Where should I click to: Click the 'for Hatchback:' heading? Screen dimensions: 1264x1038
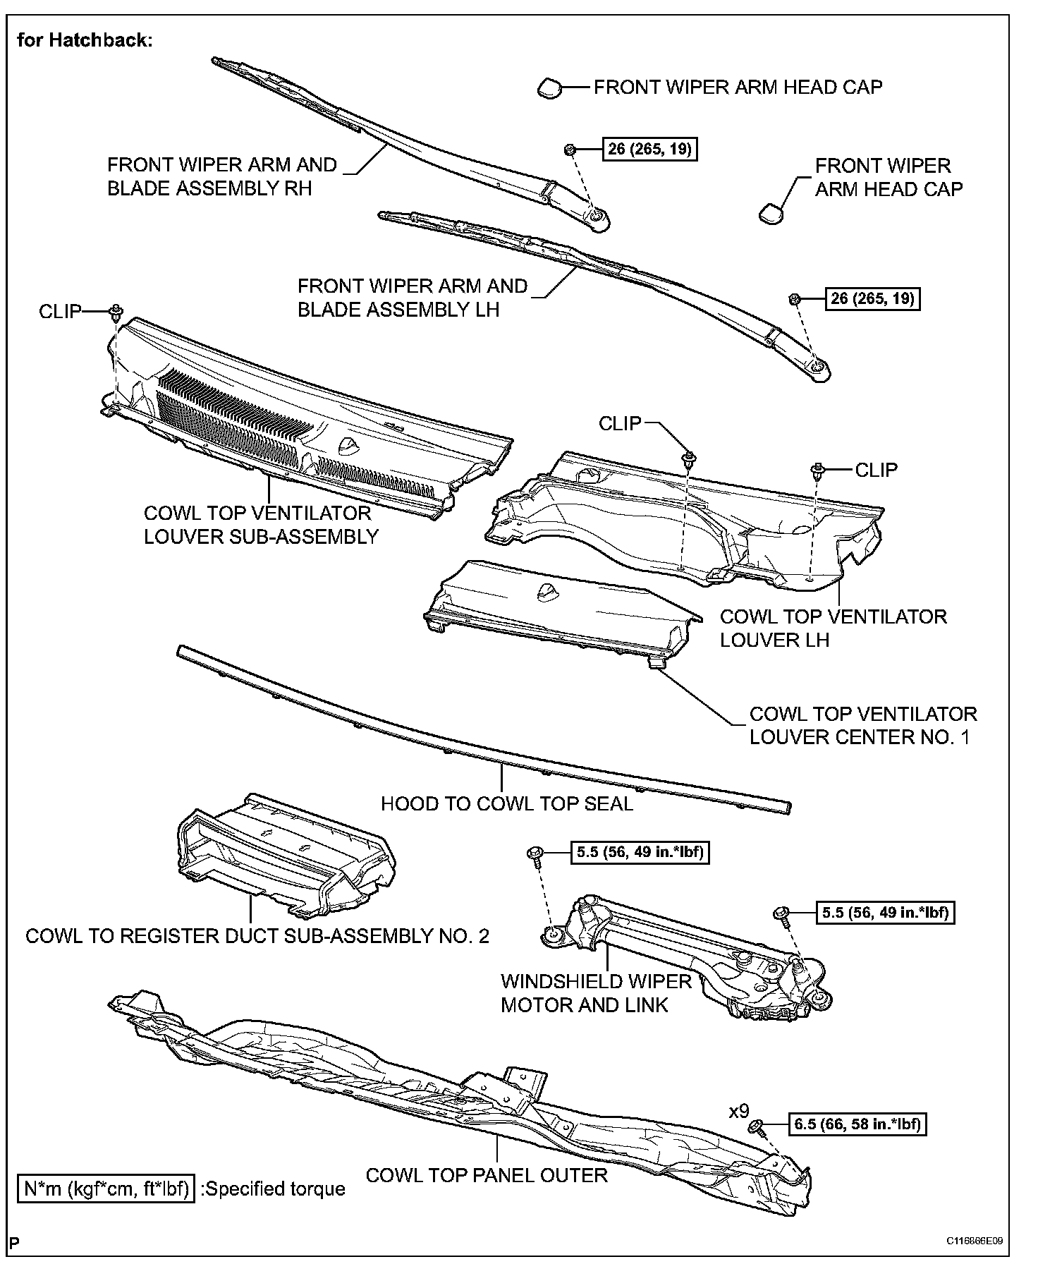click(x=85, y=40)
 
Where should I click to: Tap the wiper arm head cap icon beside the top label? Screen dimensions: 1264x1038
click(x=549, y=88)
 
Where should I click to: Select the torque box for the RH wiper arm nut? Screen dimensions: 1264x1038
click(x=649, y=150)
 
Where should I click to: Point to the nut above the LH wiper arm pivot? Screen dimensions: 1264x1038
click(x=793, y=299)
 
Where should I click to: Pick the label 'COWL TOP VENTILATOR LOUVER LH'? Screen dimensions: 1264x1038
click(x=833, y=628)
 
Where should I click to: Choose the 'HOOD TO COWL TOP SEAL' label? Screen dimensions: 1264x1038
click(x=507, y=803)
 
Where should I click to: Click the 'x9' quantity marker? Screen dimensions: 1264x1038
click(x=738, y=1112)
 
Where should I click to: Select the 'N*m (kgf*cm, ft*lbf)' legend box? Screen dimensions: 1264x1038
click(x=106, y=1189)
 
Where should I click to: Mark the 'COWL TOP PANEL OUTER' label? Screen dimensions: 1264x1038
click(x=487, y=1175)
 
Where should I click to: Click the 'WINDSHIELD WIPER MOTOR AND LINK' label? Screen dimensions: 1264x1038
click(x=596, y=993)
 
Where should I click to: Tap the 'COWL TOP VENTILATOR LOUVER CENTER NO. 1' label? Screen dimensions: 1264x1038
click(x=862, y=725)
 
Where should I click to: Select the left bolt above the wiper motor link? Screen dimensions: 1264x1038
click(x=535, y=854)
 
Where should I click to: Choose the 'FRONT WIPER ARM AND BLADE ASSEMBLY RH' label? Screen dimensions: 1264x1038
click(x=221, y=176)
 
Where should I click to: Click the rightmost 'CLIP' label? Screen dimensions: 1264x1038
click(x=876, y=470)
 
